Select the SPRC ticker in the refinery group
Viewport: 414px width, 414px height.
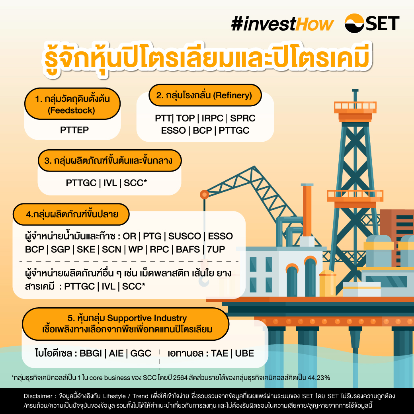click(x=243, y=118)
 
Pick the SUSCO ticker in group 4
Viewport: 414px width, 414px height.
click(x=185, y=236)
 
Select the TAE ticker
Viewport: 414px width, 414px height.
click(x=220, y=353)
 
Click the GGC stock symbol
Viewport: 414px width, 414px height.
click(x=141, y=353)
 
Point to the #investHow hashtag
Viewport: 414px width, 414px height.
click(x=282, y=24)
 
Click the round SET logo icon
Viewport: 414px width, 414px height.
click(x=354, y=23)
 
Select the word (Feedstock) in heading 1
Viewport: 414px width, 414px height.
click(x=72, y=110)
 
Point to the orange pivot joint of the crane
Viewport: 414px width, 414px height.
click(x=204, y=195)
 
